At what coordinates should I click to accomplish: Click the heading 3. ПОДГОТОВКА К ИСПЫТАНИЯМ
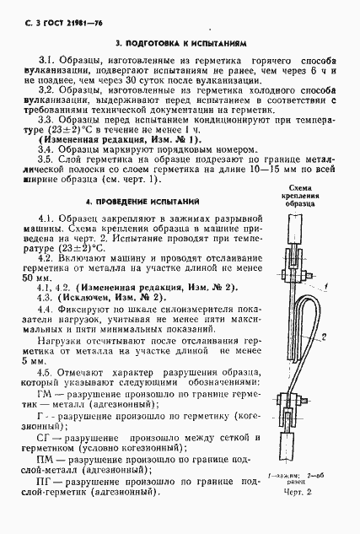(180, 40)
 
